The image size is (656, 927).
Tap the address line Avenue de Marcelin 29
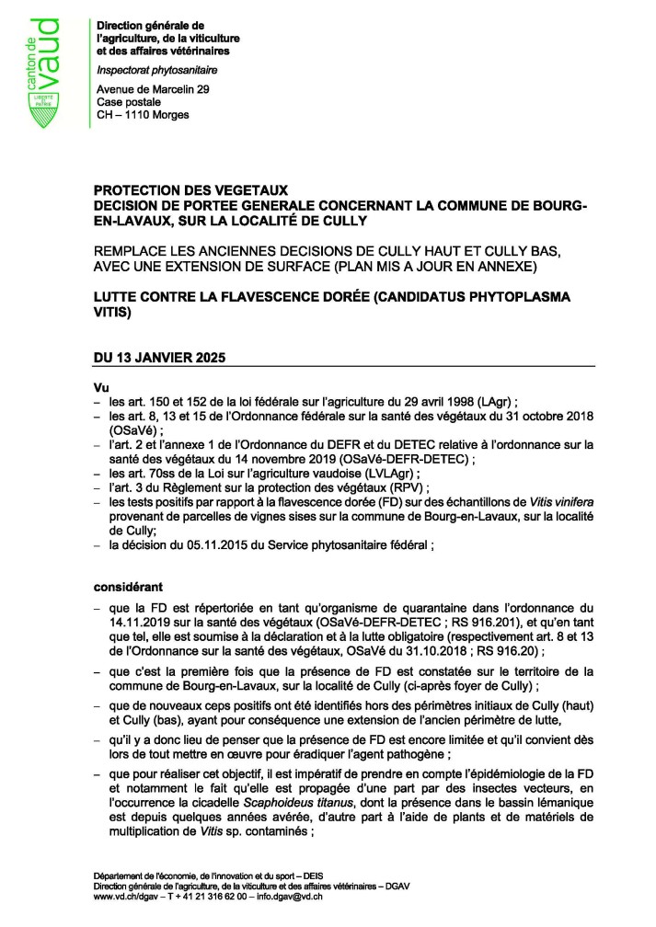coord(154,88)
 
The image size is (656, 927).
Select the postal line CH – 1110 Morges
coord(143,115)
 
